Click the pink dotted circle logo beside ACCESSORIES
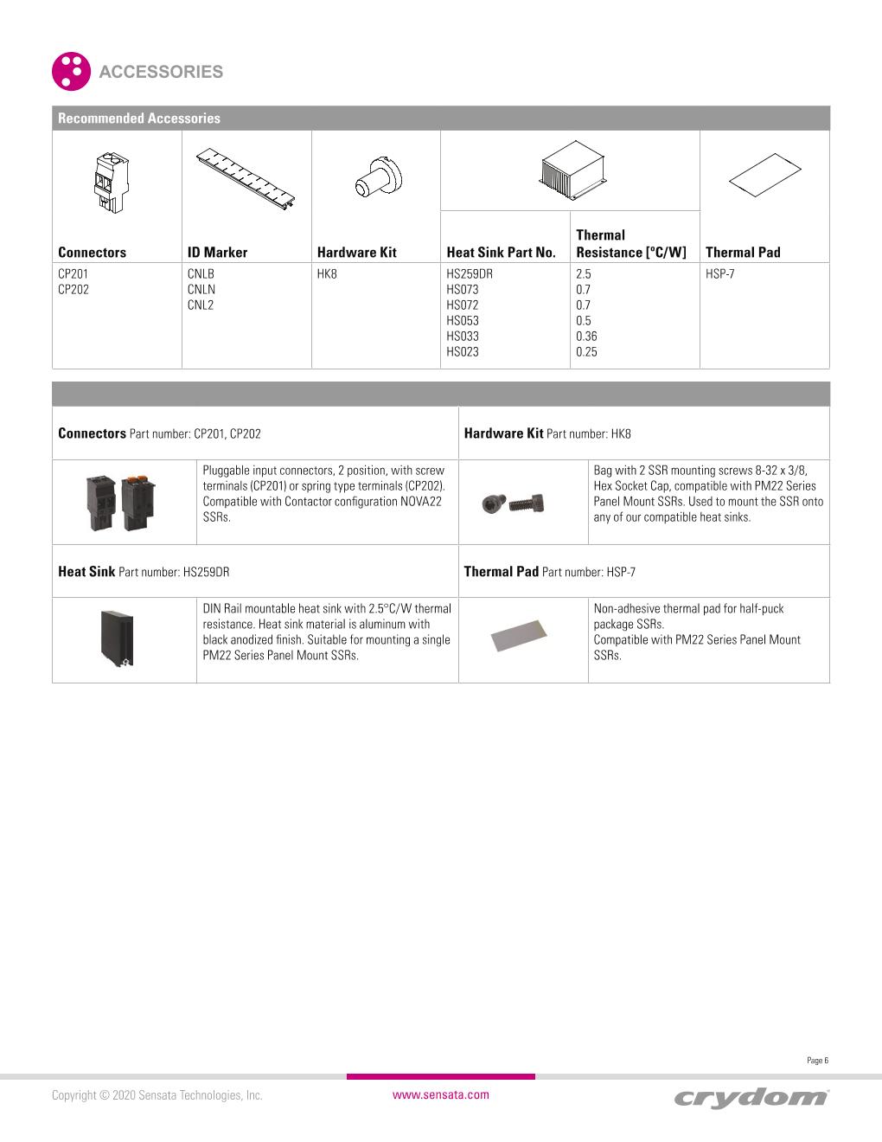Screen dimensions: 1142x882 tap(71, 71)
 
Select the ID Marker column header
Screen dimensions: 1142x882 tap(217, 253)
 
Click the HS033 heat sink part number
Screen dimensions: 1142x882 tap(462, 337)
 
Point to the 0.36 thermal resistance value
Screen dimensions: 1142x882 tap(586, 337)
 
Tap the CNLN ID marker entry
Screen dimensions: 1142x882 tap(201, 290)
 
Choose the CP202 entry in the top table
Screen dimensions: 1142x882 tap(73, 290)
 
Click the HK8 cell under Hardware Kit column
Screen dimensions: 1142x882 tap(327, 274)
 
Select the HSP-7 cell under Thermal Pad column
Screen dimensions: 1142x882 tap(720, 274)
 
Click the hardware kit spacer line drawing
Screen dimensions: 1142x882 tap(379, 178)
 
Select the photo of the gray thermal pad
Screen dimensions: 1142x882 tap(522, 637)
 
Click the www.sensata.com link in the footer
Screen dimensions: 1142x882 tap(440, 1094)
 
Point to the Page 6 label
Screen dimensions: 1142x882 tap(817, 1061)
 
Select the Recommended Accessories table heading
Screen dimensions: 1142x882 tap(139, 119)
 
